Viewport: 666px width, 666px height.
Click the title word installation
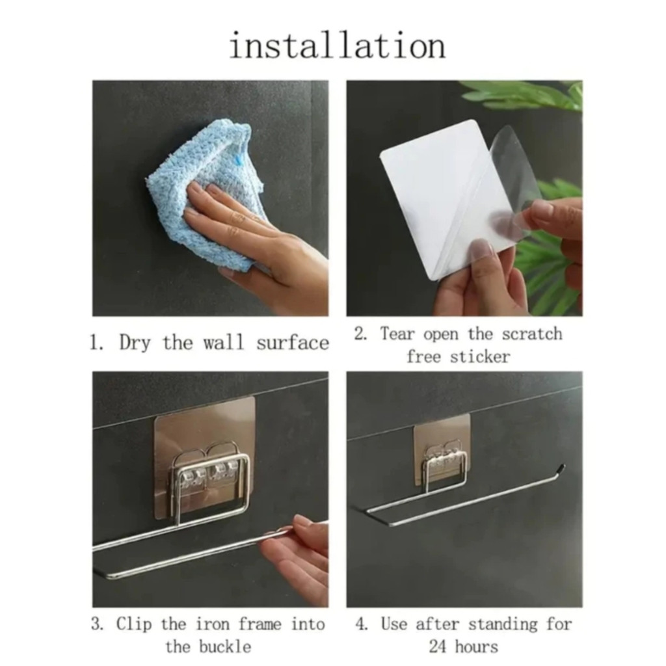[x=338, y=46]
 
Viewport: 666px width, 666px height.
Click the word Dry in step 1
[x=135, y=343]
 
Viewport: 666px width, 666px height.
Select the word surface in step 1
[x=293, y=343]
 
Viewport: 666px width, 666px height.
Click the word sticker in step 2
[x=479, y=357]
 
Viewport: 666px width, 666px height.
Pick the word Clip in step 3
[x=134, y=625]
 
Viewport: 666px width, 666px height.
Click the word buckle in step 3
[x=225, y=647]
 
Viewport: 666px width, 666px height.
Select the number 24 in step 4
[x=438, y=647]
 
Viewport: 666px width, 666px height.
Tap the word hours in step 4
[x=477, y=647]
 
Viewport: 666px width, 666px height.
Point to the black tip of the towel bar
[x=561, y=468]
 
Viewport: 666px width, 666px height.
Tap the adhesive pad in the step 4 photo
[x=442, y=455]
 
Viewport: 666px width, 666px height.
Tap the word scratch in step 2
[x=532, y=334]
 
